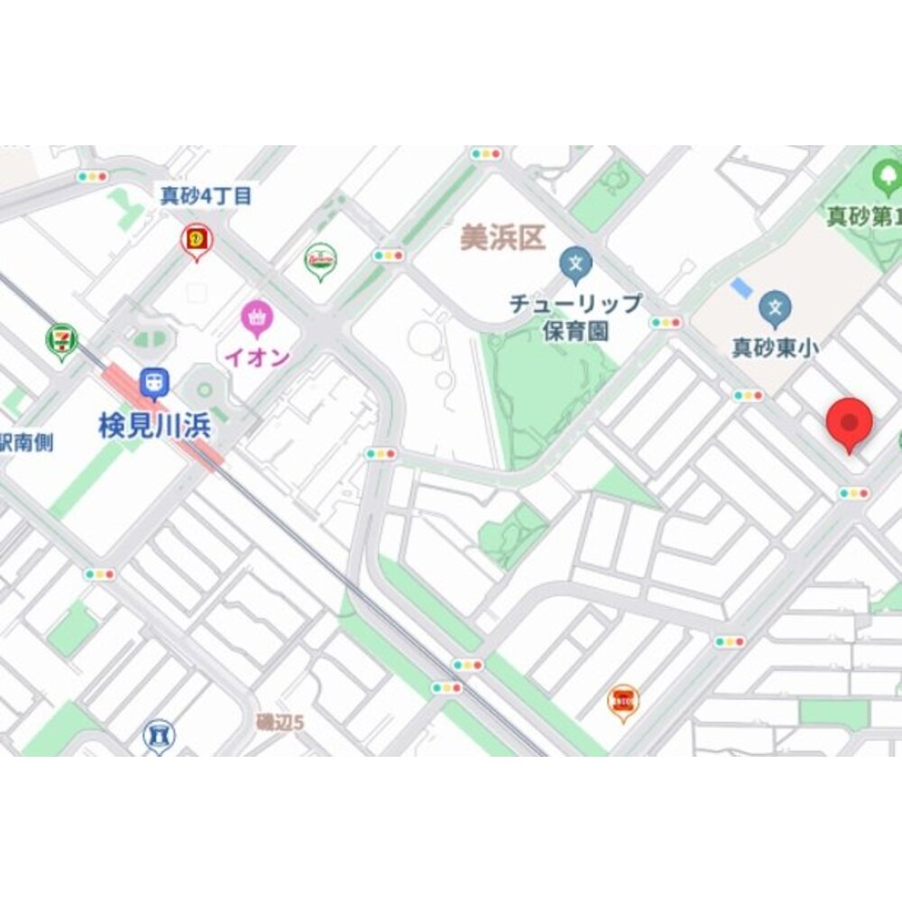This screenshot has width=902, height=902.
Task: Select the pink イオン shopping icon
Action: [x=257, y=318]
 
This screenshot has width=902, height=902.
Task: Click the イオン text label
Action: [x=257, y=357]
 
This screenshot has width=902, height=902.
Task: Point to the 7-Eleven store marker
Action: [x=61, y=341]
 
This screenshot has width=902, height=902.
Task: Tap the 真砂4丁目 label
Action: [x=206, y=196]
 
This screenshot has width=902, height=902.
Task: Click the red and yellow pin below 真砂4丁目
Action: [x=196, y=240]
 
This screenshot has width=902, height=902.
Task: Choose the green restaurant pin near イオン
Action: [x=320, y=260]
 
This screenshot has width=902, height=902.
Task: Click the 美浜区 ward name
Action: [x=503, y=238]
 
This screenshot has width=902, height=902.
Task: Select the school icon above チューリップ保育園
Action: [x=575, y=265]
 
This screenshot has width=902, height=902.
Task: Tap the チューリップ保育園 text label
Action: [x=575, y=317]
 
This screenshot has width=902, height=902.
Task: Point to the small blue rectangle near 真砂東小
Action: [x=741, y=289]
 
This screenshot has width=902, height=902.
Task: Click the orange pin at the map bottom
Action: [x=622, y=700]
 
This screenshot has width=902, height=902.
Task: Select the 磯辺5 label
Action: [x=281, y=722]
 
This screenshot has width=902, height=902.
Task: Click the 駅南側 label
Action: [x=26, y=442]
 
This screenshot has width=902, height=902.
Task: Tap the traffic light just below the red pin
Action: [x=853, y=493]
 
